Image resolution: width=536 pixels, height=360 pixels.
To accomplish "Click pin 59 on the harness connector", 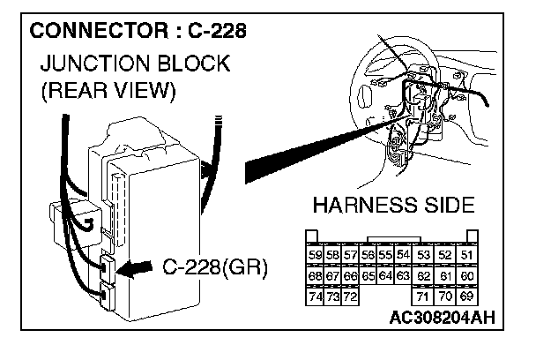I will pyautogui.click(x=315, y=254).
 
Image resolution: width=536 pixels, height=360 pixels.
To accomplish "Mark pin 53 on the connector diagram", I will pyautogui.click(x=425, y=254).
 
